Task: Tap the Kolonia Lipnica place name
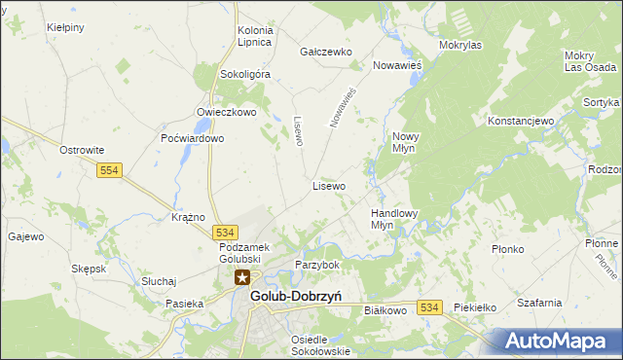(x=255, y=37)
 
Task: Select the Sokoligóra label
(x=244, y=73)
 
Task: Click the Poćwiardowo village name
(x=193, y=138)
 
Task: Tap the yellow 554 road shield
(x=109, y=170)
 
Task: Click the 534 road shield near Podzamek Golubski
(x=225, y=233)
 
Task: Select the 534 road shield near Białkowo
(x=430, y=307)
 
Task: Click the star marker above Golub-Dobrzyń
(x=241, y=278)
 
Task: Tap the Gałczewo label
(x=325, y=52)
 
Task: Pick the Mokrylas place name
(x=460, y=45)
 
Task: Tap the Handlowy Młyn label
(x=394, y=218)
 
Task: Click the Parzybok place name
(x=317, y=265)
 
